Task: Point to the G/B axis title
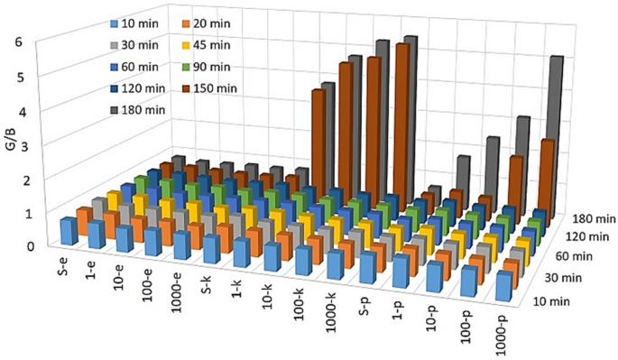click(11, 143)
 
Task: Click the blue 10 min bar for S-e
click(67, 231)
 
